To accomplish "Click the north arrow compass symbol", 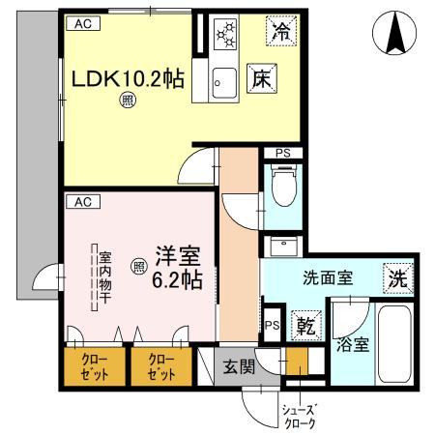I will (396, 37).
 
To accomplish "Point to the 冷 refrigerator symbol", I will (281, 31).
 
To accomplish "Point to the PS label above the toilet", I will (282, 153).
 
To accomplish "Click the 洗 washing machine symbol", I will (396, 275).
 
